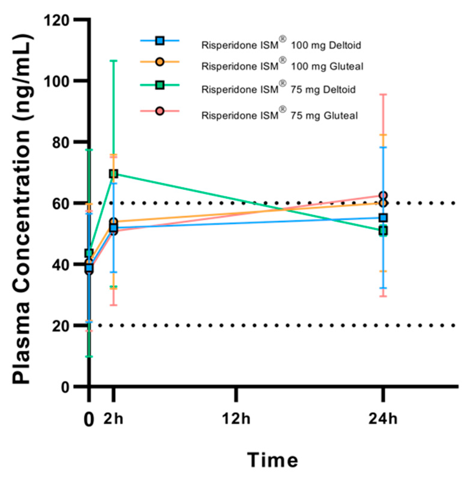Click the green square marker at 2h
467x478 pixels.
tap(113, 173)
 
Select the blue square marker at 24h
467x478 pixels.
tap(383, 218)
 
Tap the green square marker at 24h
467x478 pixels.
tap(383, 231)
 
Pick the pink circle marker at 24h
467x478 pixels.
tap(383, 195)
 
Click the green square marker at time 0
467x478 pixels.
tap(89, 253)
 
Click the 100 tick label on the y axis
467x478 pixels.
tap(56, 81)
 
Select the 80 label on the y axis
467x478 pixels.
tap(60, 142)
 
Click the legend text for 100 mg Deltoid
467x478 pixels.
tap(281, 45)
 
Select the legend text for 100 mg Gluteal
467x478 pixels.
tap(282, 66)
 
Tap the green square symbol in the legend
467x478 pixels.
tap(160, 85)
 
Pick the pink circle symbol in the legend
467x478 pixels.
tap(160, 111)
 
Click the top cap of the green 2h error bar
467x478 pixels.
tap(113, 61)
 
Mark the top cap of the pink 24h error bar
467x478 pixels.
tap(383, 95)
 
